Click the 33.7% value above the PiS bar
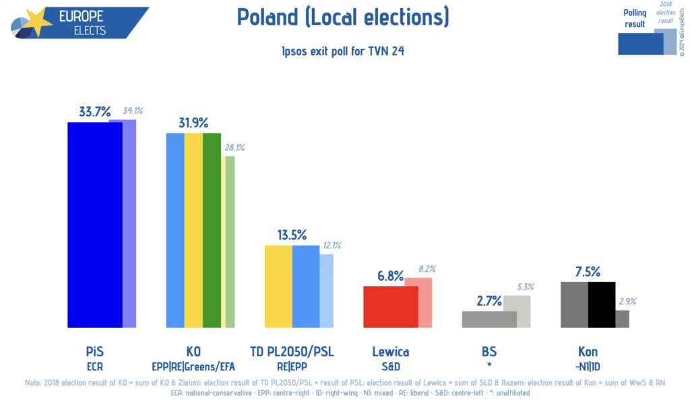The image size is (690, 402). pyautogui.click(x=94, y=112)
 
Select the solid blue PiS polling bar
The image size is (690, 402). pyautogui.click(x=94, y=224)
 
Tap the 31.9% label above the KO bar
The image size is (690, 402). pyautogui.click(x=193, y=123)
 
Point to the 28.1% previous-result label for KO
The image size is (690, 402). pyautogui.click(x=234, y=147)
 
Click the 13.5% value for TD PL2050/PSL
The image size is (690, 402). pyautogui.click(x=292, y=235)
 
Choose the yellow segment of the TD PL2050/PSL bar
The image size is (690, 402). pyautogui.click(x=278, y=286)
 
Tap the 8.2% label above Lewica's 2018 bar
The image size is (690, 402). pyautogui.click(x=427, y=269)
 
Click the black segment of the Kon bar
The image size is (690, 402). pyautogui.click(x=602, y=304)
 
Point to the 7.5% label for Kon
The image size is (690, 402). pyautogui.click(x=588, y=272)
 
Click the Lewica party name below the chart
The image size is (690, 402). pyautogui.click(x=391, y=351)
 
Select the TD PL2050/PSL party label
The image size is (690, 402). pyautogui.click(x=292, y=351)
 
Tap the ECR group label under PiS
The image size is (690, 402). pyautogui.click(x=94, y=366)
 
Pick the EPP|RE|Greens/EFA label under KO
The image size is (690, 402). pyautogui.click(x=193, y=366)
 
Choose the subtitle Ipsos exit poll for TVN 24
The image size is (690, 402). pyautogui.click(x=343, y=51)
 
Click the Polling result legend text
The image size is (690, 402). pyautogui.click(x=634, y=18)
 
